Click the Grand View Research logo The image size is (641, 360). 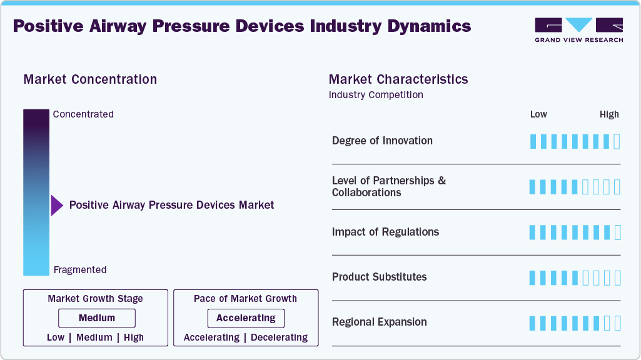point(578,29)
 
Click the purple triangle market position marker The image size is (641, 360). point(57,205)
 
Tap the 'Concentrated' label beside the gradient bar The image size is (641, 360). point(83,114)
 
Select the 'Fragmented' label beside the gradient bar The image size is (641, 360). point(80,270)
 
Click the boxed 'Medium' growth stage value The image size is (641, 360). point(96,318)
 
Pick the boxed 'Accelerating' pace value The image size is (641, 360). point(246,318)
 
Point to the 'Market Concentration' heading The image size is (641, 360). point(90,79)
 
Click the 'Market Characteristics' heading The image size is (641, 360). point(398,79)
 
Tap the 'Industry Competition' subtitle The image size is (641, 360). point(376,95)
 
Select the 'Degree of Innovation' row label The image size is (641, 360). point(382,141)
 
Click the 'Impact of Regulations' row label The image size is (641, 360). point(385,232)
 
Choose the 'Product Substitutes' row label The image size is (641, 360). point(379,277)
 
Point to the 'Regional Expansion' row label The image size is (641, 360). point(379,322)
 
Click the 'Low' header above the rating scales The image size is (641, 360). point(538,114)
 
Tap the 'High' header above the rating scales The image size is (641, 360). point(609,114)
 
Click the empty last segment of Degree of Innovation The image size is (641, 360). point(617,141)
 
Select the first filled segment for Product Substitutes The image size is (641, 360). point(533,277)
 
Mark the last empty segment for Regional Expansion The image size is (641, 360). point(617,323)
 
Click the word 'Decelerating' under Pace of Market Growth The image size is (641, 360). point(279,337)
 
